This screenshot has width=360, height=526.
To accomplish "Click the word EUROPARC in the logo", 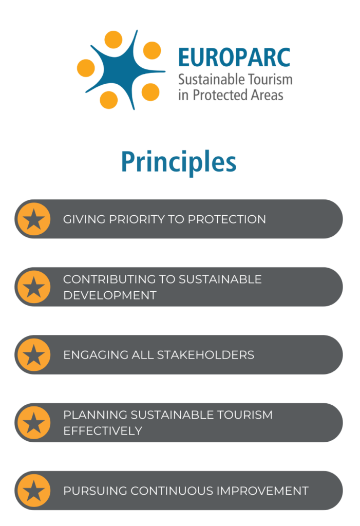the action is [234, 58].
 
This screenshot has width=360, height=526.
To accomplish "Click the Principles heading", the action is [179, 162].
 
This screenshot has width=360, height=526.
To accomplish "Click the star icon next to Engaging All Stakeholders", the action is [34, 355].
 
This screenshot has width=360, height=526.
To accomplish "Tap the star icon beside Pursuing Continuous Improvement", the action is [34, 491].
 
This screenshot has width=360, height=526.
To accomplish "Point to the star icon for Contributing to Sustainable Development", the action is [34, 287].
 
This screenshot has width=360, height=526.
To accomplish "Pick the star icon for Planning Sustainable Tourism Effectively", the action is [34, 423].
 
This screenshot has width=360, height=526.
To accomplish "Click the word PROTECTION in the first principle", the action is [227, 219].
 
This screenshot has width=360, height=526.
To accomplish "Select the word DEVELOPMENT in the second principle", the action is [110, 295].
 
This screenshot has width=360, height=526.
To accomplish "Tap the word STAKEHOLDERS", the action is [205, 355].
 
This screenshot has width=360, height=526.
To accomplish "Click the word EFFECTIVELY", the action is [103, 431].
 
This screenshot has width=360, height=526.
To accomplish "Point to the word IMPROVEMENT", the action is [263, 491].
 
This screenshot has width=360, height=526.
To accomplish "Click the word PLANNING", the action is [96, 415].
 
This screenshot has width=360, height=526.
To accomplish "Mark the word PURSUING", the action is [96, 491].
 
